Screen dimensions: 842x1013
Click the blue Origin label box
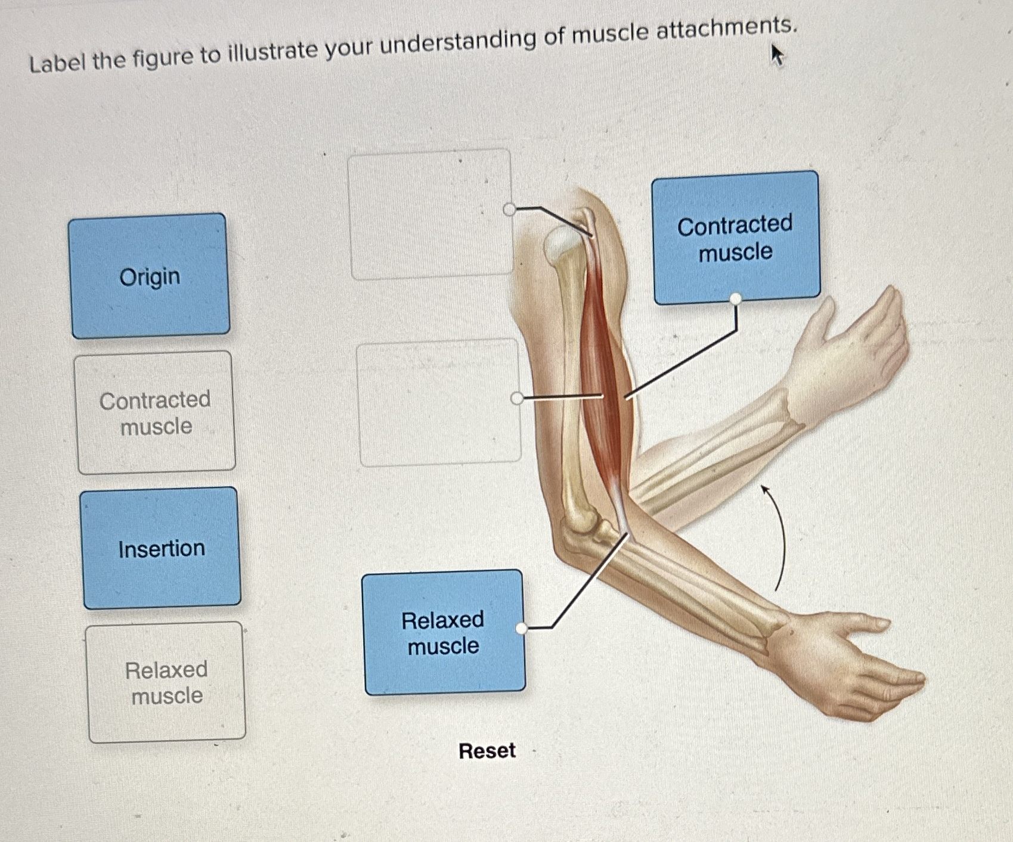pyautogui.click(x=149, y=276)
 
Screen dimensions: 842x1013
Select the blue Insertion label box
pyautogui.click(x=161, y=548)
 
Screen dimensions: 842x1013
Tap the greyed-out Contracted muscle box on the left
pyautogui.click(x=156, y=412)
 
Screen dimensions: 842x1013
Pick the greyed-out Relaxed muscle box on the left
pyautogui.click(x=166, y=682)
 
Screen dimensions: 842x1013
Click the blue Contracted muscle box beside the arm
pyautogui.click(x=735, y=237)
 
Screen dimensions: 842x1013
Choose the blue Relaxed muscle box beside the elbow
pyautogui.click(x=444, y=632)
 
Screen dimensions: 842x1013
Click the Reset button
pyautogui.click(x=487, y=750)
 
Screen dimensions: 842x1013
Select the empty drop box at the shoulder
pyautogui.click(x=430, y=215)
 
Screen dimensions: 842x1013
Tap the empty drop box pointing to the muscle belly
pyautogui.click(x=439, y=402)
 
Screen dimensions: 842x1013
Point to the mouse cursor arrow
pyautogui.click(x=777, y=55)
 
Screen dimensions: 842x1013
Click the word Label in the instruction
pyautogui.click(x=58, y=62)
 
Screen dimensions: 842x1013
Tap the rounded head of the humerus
pyautogui.click(x=562, y=244)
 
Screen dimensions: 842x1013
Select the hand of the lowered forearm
pyautogui.click(x=847, y=667)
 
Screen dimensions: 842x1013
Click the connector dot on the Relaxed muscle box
pyautogui.click(x=522, y=628)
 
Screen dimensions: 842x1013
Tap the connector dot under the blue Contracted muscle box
pyautogui.click(x=736, y=299)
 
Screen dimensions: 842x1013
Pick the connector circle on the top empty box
pyautogui.click(x=509, y=209)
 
